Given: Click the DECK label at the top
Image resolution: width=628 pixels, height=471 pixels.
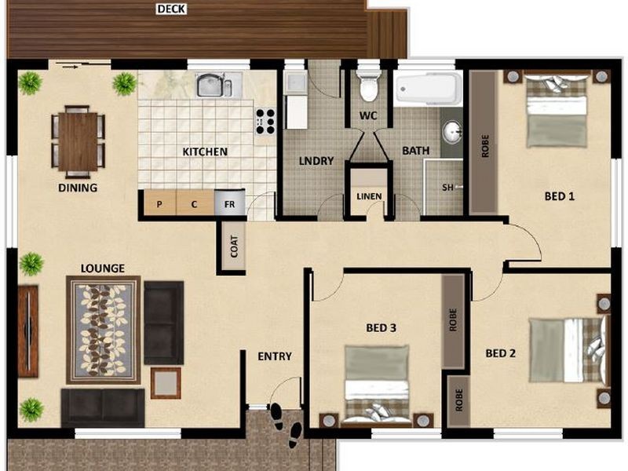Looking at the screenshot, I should click(170, 9).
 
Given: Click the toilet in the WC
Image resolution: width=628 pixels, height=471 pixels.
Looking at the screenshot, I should click(368, 86).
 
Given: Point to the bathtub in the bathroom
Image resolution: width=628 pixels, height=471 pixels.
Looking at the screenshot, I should click(428, 89).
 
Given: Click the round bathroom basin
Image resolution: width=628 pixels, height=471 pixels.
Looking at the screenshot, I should click(452, 133).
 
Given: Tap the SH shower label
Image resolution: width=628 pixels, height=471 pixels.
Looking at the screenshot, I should click(447, 188).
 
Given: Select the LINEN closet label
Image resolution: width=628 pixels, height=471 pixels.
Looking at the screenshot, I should click(368, 196).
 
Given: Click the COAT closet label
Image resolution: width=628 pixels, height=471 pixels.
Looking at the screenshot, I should click(233, 246).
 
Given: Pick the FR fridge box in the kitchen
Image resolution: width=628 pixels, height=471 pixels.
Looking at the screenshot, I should click(230, 203).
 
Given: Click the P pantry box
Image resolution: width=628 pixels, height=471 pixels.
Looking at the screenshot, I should click(159, 204).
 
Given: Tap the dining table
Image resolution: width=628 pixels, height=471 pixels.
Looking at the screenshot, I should click(78, 141).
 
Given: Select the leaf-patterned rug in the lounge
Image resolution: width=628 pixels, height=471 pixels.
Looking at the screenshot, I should click(104, 330).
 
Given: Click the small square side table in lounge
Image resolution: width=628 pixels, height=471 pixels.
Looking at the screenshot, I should click(166, 383).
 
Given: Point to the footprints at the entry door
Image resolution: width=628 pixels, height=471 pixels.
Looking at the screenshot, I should click(286, 424).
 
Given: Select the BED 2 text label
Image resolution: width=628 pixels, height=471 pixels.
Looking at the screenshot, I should click(500, 353).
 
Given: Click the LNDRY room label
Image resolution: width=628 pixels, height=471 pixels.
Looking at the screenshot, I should click(316, 161).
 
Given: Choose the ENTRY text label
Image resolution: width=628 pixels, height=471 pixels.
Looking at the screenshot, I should click(275, 356).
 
